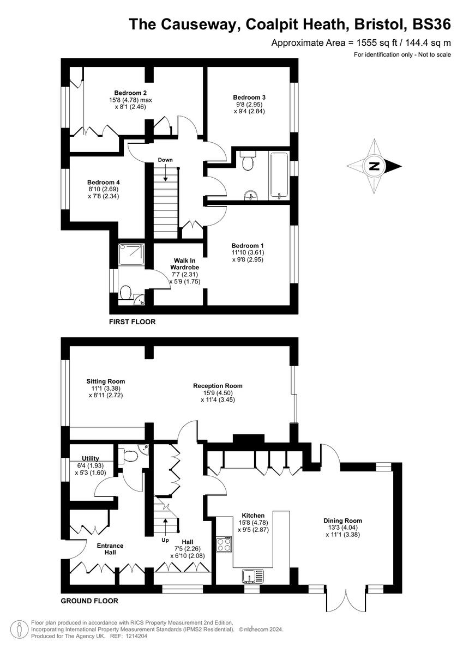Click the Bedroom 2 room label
(130, 93)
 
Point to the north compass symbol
(375, 166)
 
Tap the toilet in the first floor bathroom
(246, 161)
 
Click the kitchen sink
(252, 575)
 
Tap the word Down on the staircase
(165, 160)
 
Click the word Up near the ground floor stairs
(165, 541)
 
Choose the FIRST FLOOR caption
(132, 322)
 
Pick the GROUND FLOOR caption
(89, 601)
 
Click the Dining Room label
(342, 520)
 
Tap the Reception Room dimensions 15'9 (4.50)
(218, 393)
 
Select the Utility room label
(91, 458)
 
